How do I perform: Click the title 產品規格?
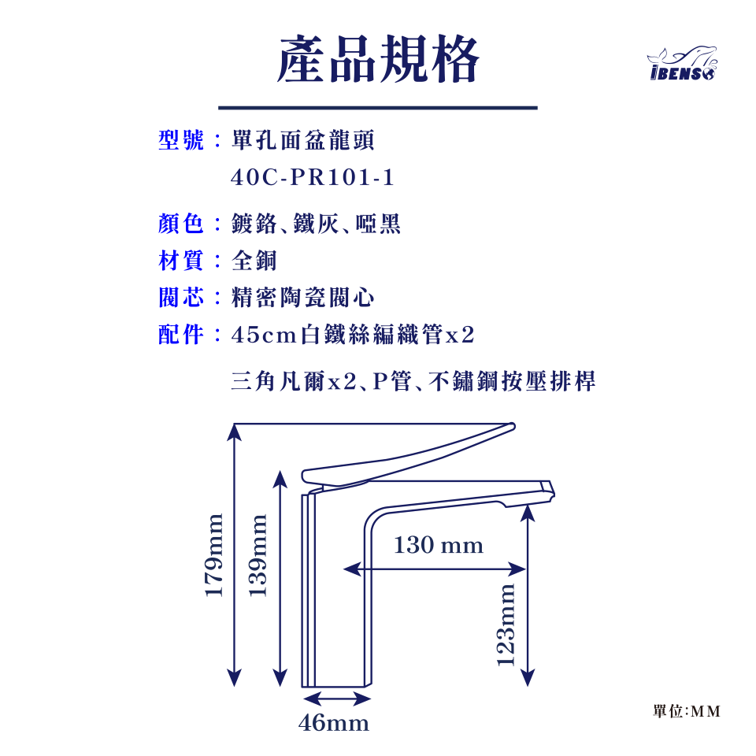click(x=377, y=61)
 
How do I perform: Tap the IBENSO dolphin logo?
click(x=682, y=64)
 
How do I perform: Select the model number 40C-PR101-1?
click(x=313, y=179)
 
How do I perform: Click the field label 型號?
click(x=181, y=141)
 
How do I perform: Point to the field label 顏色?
click(x=181, y=224)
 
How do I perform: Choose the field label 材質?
click(x=181, y=261)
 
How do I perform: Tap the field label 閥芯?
click(x=181, y=298)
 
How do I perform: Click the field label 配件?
click(x=181, y=335)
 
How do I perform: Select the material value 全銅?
click(x=254, y=261)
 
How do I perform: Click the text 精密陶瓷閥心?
click(x=302, y=298)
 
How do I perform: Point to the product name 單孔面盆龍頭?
click(x=302, y=141)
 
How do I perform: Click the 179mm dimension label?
click(x=214, y=554)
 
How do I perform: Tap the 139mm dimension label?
click(x=258, y=554)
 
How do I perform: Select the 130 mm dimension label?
click(x=438, y=545)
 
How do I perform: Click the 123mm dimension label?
click(x=507, y=624)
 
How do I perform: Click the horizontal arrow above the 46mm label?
click(x=336, y=699)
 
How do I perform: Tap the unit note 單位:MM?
click(x=686, y=711)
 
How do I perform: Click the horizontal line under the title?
click(x=377, y=108)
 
